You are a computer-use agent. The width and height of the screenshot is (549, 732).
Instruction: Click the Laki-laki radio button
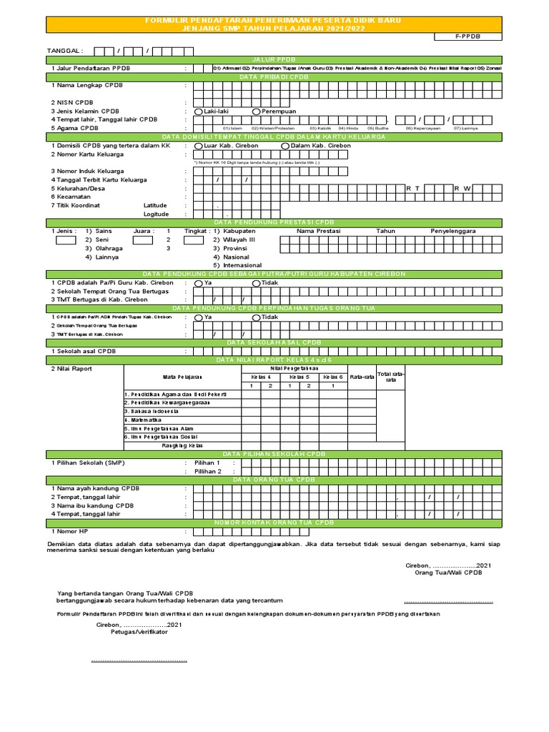(199, 112)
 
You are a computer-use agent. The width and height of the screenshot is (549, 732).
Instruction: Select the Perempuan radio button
(256, 112)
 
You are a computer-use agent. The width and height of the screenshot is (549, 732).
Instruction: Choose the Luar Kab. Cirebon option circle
(199, 146)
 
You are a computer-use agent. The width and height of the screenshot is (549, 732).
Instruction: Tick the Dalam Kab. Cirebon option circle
(285, 146)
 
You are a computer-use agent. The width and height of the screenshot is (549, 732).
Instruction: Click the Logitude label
(157, 214)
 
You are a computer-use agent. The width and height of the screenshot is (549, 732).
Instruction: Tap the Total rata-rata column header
(391, 377)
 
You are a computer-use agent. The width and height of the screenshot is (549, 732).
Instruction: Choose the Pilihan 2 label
(209, 472)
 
